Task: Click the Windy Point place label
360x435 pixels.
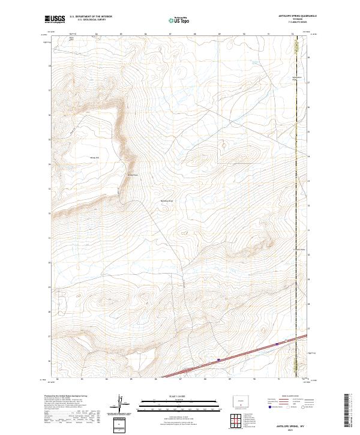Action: (x=133, y=175)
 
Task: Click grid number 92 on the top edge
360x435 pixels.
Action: (x=293, y=34)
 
